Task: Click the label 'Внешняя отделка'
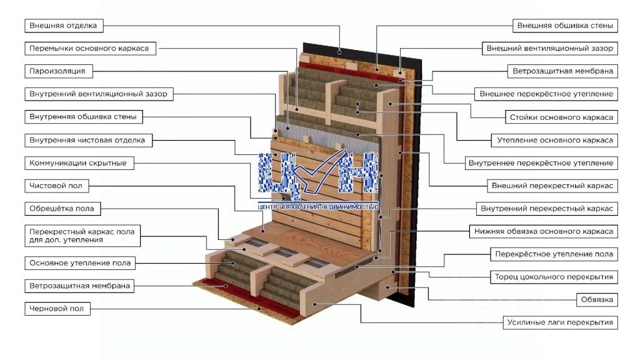[x=64, y=25]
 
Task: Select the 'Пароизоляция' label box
[x=58, y=71]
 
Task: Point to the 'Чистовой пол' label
[x=56, y=186]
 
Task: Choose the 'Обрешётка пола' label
[x=62, y=209]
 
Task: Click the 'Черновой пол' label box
[x=57, y=309]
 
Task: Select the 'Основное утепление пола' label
[x=80, y=263]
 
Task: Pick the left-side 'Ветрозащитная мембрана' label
[x=79, y=286]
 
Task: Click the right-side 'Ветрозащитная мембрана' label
[x=563, y=71]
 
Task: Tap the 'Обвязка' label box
[x=597, y=299]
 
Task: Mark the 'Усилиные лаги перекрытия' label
[x=560, y=322]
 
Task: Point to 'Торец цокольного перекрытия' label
[x=554, y=277]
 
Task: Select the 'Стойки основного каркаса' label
[x=561, y=117]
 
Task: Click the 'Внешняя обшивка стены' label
[x=565, y=25]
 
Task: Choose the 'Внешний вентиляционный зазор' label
[x=550, y=48]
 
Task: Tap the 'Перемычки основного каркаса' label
[x=90, y=48]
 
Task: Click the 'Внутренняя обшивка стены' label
[x=84, y=117]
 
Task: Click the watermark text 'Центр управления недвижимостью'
[x=318, y=207]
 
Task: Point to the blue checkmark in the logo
[x=319, y=171]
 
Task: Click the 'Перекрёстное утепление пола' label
[x=554, y=254]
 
